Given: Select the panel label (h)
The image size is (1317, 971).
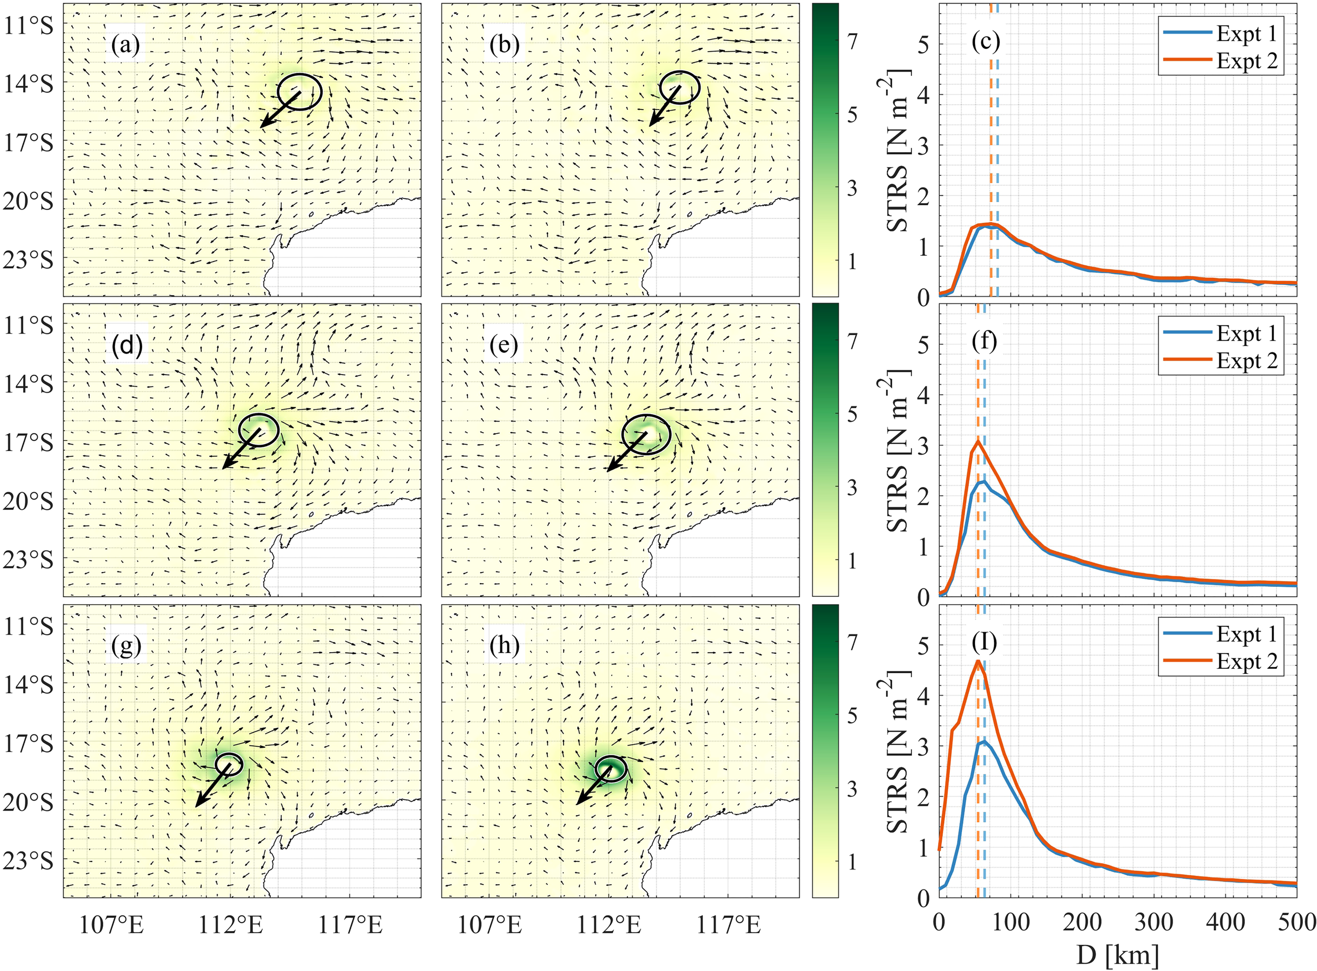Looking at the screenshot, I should [504, 646].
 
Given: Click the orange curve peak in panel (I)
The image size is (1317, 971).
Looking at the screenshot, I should [978, 662].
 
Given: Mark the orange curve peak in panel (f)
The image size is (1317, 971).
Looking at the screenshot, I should [978, 442].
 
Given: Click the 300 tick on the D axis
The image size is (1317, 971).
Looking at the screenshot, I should [1154, 922].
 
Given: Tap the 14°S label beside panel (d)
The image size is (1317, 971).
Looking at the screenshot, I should [28, 384].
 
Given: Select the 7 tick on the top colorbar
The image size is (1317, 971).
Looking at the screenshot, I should [852, 41].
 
